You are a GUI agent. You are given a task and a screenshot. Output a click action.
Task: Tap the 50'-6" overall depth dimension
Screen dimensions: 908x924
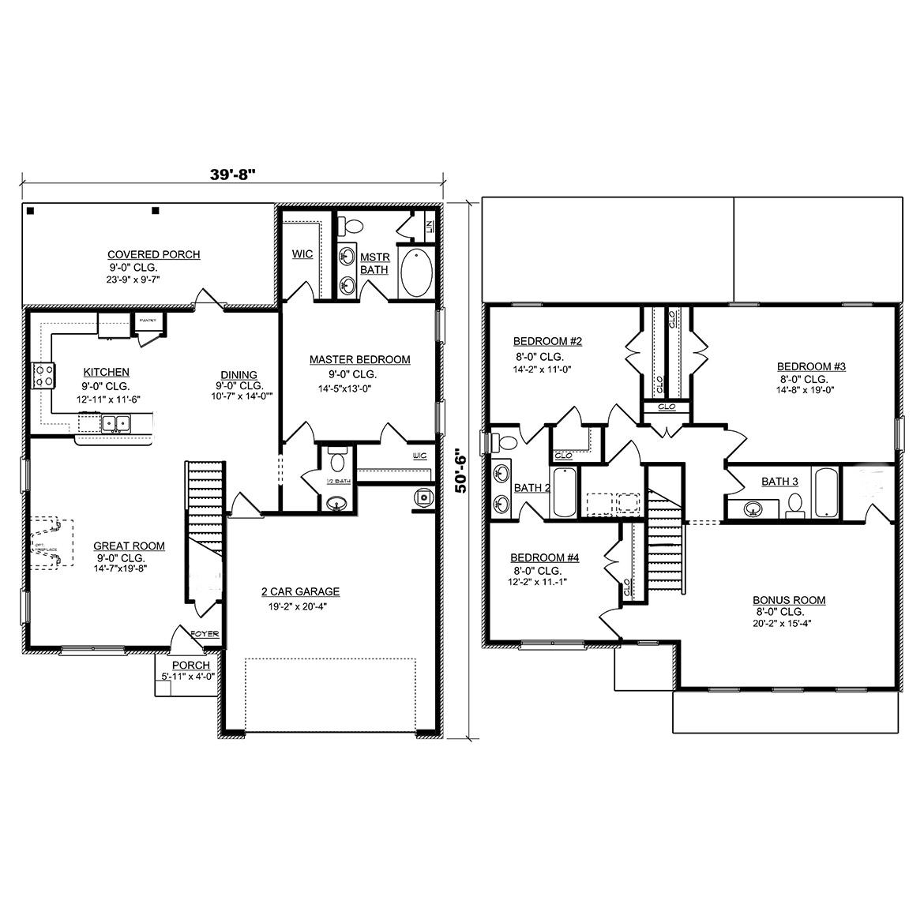click(x=461, y=471)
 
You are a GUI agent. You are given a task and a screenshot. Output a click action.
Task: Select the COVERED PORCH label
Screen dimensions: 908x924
click(x=153, y=254)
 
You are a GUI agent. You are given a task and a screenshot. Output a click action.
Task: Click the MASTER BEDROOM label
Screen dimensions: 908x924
click(x=359, y=359)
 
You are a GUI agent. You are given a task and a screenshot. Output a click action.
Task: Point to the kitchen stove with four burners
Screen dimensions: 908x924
click(x=43, y=375)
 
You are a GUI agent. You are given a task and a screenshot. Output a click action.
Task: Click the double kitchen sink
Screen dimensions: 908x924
click(x=115, y=425)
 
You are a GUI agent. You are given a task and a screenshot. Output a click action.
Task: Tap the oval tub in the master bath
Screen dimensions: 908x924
click(x=416, y=272)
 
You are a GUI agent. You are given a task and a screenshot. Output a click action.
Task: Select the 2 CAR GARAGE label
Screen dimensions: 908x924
click(x=300, y=591)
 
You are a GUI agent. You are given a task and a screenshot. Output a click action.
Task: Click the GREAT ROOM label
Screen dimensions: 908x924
click(x=129, y=546)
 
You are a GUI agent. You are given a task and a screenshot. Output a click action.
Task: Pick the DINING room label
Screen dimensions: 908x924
click(x=239, y=374)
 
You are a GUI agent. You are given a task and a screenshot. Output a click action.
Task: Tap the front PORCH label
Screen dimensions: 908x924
click(x=190, y=665)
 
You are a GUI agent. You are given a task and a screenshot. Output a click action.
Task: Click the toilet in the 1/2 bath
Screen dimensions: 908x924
click(x=338, y=461)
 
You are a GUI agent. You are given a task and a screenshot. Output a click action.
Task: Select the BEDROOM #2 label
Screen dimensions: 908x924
click(x=547, y=341)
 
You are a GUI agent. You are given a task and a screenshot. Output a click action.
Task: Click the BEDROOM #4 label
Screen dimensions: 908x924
click(x=544, y=557)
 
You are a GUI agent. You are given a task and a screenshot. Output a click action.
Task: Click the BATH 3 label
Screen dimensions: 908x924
click(x=779, y=482)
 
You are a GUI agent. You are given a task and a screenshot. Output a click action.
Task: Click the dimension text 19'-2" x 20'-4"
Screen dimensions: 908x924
click(x=300, y=606)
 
